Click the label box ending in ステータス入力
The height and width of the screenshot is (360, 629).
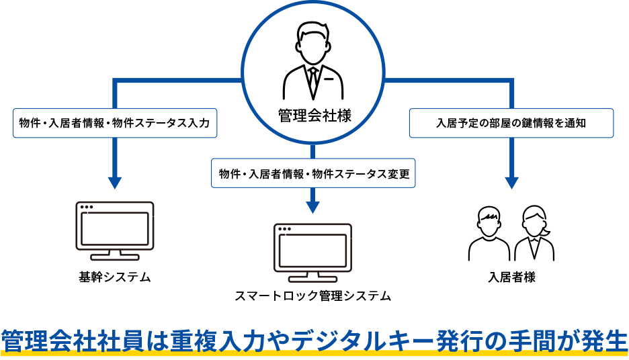point(115,124)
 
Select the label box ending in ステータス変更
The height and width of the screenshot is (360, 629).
point(313,173)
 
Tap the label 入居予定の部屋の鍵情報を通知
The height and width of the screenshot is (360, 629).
point(511,124)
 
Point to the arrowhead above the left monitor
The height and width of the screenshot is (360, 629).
point(115,182)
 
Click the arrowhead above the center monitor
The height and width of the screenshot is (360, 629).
point(312,207)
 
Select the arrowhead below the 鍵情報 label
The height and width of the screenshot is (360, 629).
point(512,182)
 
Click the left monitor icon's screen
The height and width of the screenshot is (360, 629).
point(115,228)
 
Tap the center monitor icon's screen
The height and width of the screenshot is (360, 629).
point(312,251)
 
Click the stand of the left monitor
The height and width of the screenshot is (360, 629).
point(115,255)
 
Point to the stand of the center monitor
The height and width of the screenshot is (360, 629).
point(312,277)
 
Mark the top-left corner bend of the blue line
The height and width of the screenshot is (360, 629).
point(116,81)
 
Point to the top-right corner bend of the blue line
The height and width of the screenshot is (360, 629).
point(512,81)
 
